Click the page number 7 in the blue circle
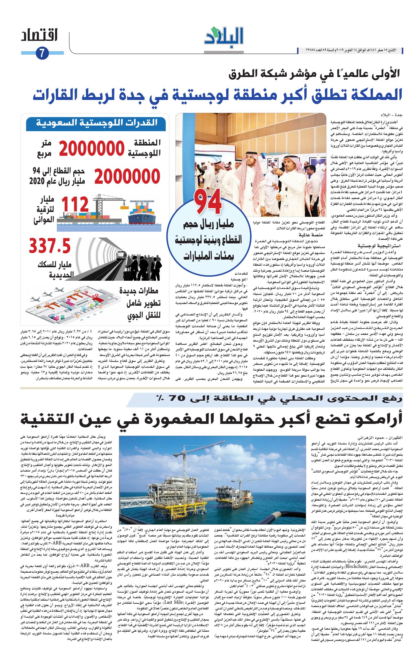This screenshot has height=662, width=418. pos(42,53)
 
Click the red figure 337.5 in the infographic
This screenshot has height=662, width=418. pos(50,246)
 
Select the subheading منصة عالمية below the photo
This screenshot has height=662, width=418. pos(311,235)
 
